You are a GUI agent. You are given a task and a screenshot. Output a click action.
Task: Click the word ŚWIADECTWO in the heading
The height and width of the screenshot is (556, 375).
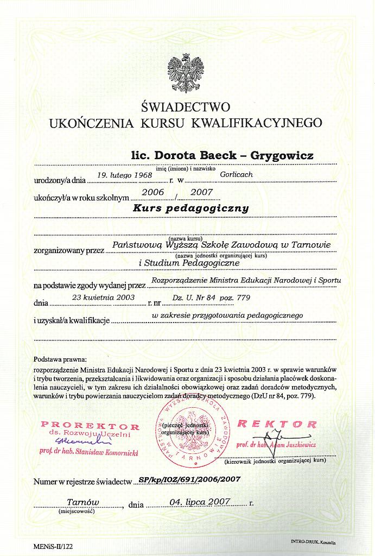click(x=186, y=106)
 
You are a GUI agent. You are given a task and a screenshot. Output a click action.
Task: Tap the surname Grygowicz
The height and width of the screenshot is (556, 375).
click(x=284, y=156)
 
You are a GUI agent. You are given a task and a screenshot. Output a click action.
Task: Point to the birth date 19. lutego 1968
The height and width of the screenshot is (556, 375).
click(x=125, y=175)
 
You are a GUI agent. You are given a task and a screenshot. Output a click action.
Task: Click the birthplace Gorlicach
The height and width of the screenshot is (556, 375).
click(x=237, y=175)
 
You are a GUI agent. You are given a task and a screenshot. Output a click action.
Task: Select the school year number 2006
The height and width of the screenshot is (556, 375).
click(x=152, y=192)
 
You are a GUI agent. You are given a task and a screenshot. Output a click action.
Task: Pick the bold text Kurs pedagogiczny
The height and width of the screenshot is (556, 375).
click(x=191, y=208)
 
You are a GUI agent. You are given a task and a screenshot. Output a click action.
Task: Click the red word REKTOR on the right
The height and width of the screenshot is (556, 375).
click(x=277, y=423)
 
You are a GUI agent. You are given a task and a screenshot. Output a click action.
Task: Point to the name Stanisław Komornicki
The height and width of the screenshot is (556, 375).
click(x=112, y=451)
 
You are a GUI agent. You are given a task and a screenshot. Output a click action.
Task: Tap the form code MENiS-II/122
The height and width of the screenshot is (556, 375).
click(x=53, y=547)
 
